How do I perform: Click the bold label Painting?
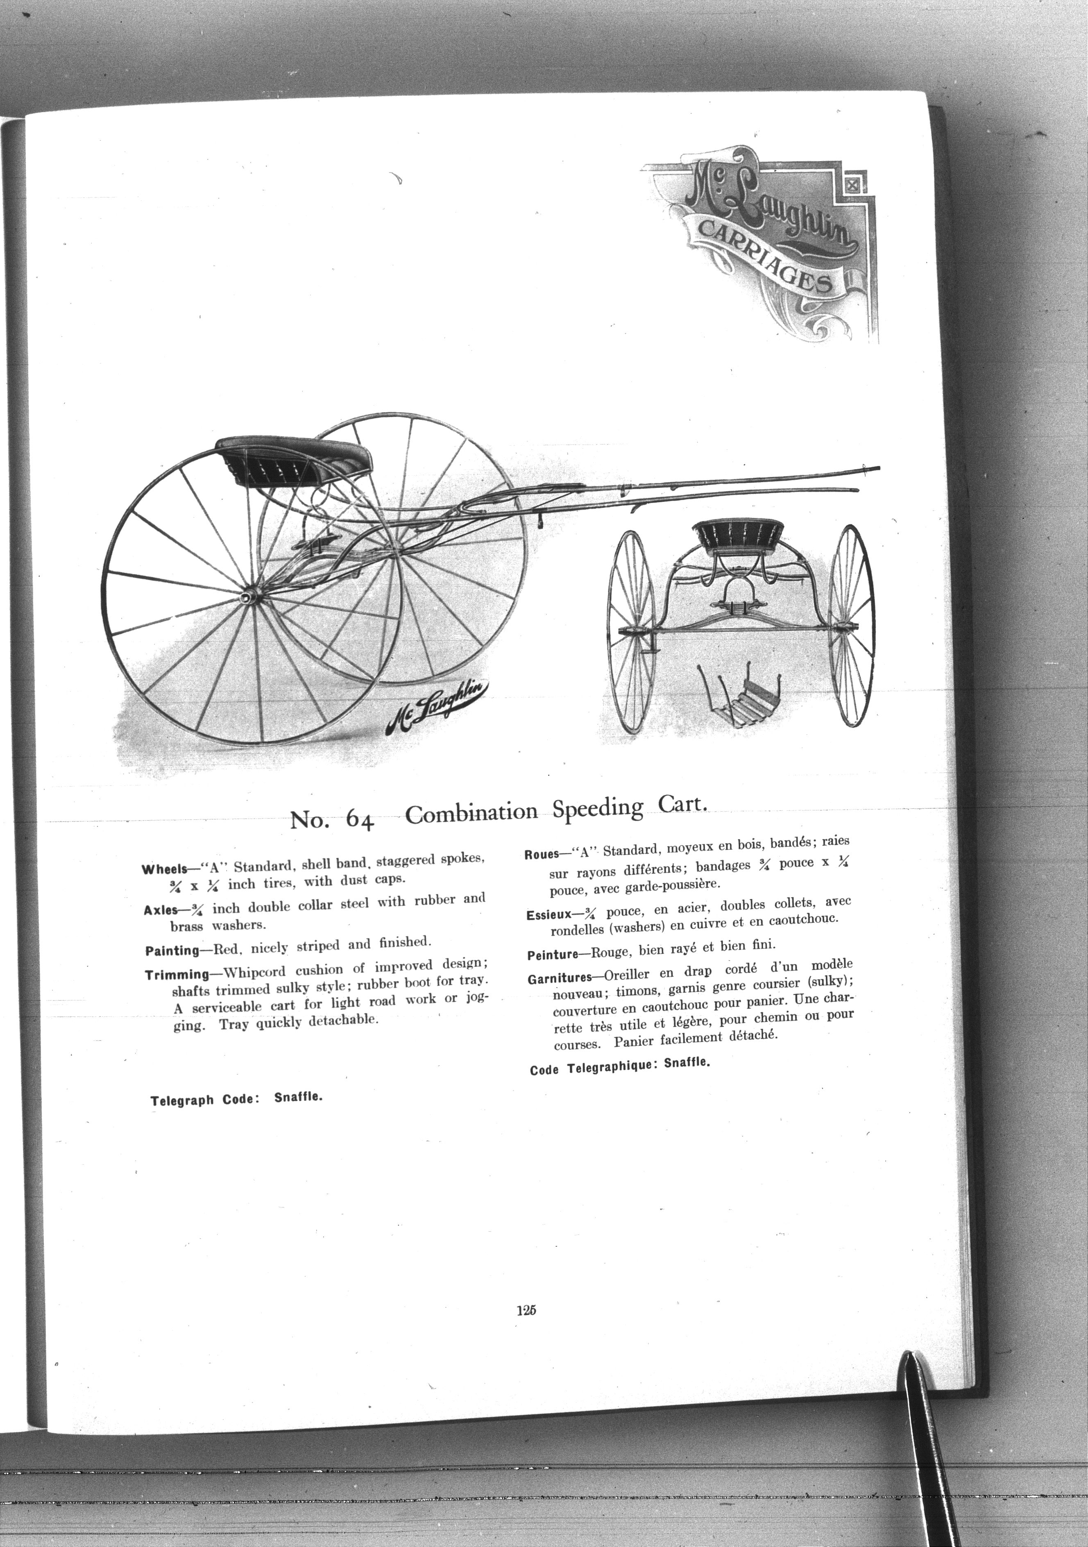(x=172, y=951)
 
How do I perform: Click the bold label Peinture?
(x=553, y=955)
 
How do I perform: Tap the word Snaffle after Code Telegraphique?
(x=687, y=1063)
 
